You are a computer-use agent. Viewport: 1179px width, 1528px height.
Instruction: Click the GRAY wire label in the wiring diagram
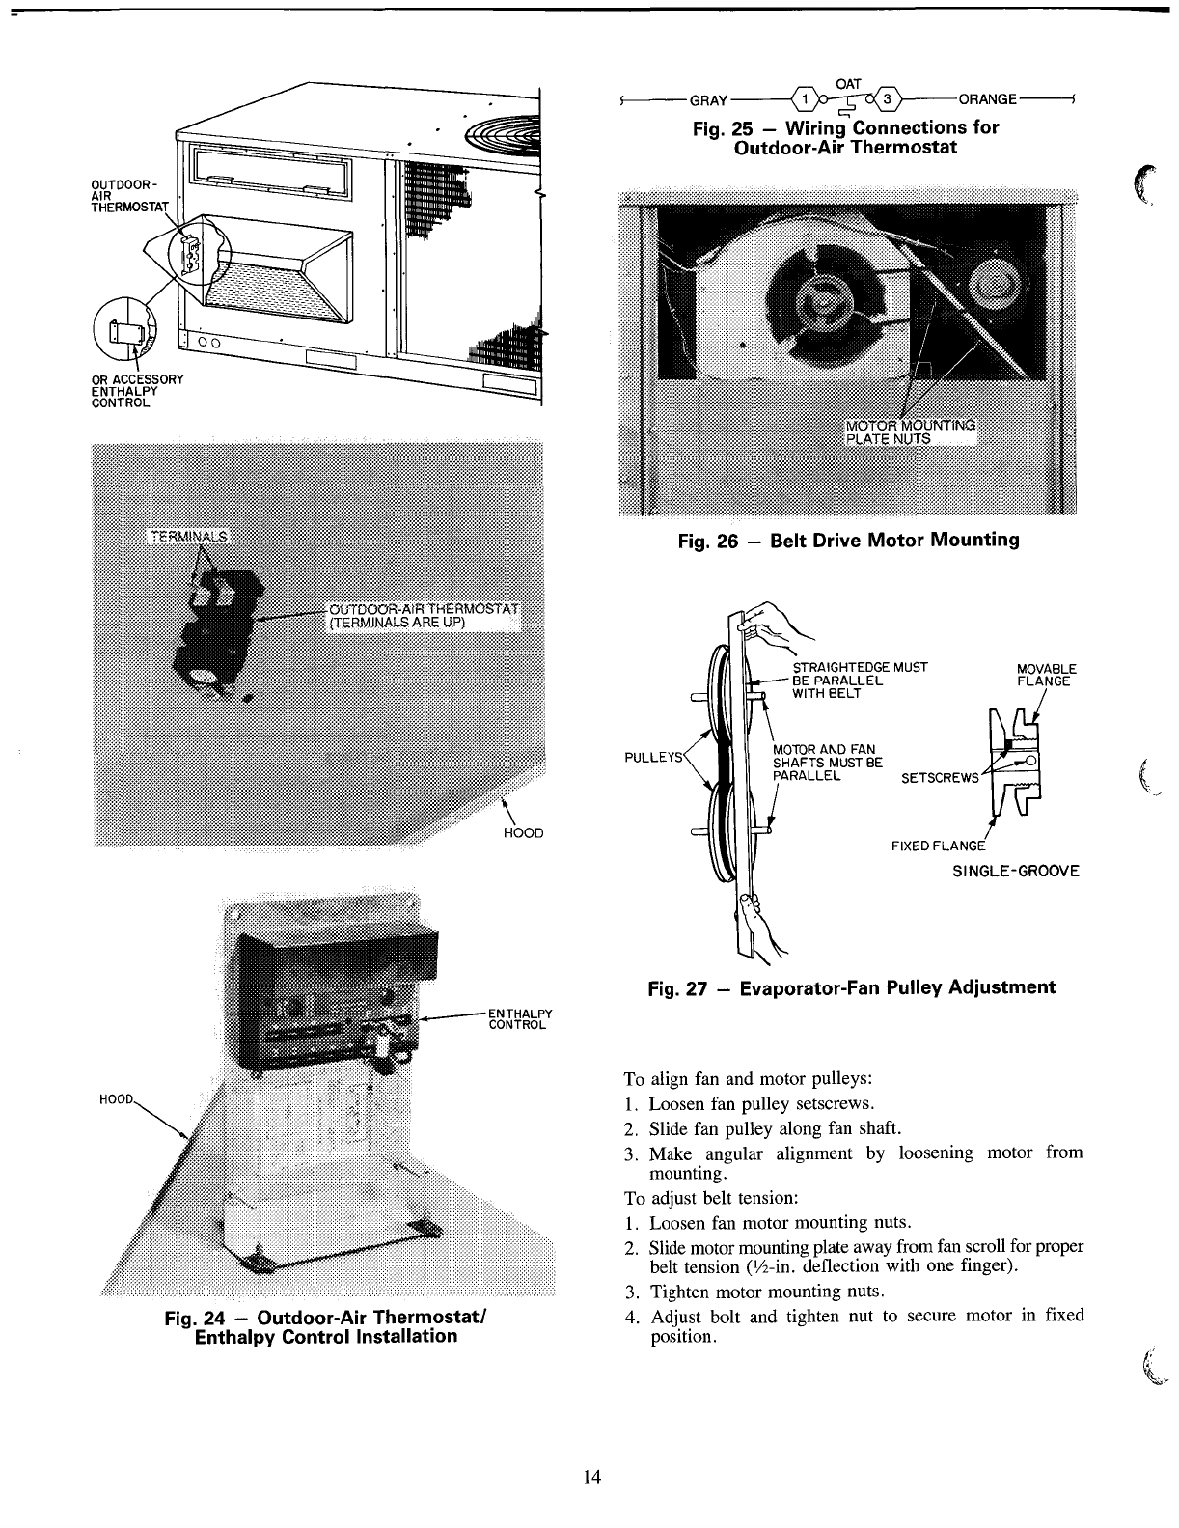coord(706,99)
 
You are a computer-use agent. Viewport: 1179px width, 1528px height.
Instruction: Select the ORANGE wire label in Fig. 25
coord(987,99)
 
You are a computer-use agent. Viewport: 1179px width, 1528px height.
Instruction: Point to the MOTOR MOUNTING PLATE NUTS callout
coord(910,431)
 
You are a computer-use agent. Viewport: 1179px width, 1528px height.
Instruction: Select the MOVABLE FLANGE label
coord(1047,675)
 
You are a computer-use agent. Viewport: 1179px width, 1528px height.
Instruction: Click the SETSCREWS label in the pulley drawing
coord(939,778)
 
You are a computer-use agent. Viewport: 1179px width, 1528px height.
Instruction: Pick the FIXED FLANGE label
coord(938,847)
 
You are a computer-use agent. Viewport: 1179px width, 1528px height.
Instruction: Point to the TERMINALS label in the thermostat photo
coord(187,536)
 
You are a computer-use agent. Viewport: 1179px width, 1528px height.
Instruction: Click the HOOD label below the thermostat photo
coord(524,832)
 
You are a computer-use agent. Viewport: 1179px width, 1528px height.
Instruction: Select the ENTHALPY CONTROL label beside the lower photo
coord(520,1018)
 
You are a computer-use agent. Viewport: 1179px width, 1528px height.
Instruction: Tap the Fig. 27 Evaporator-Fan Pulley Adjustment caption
coord(851,987)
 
